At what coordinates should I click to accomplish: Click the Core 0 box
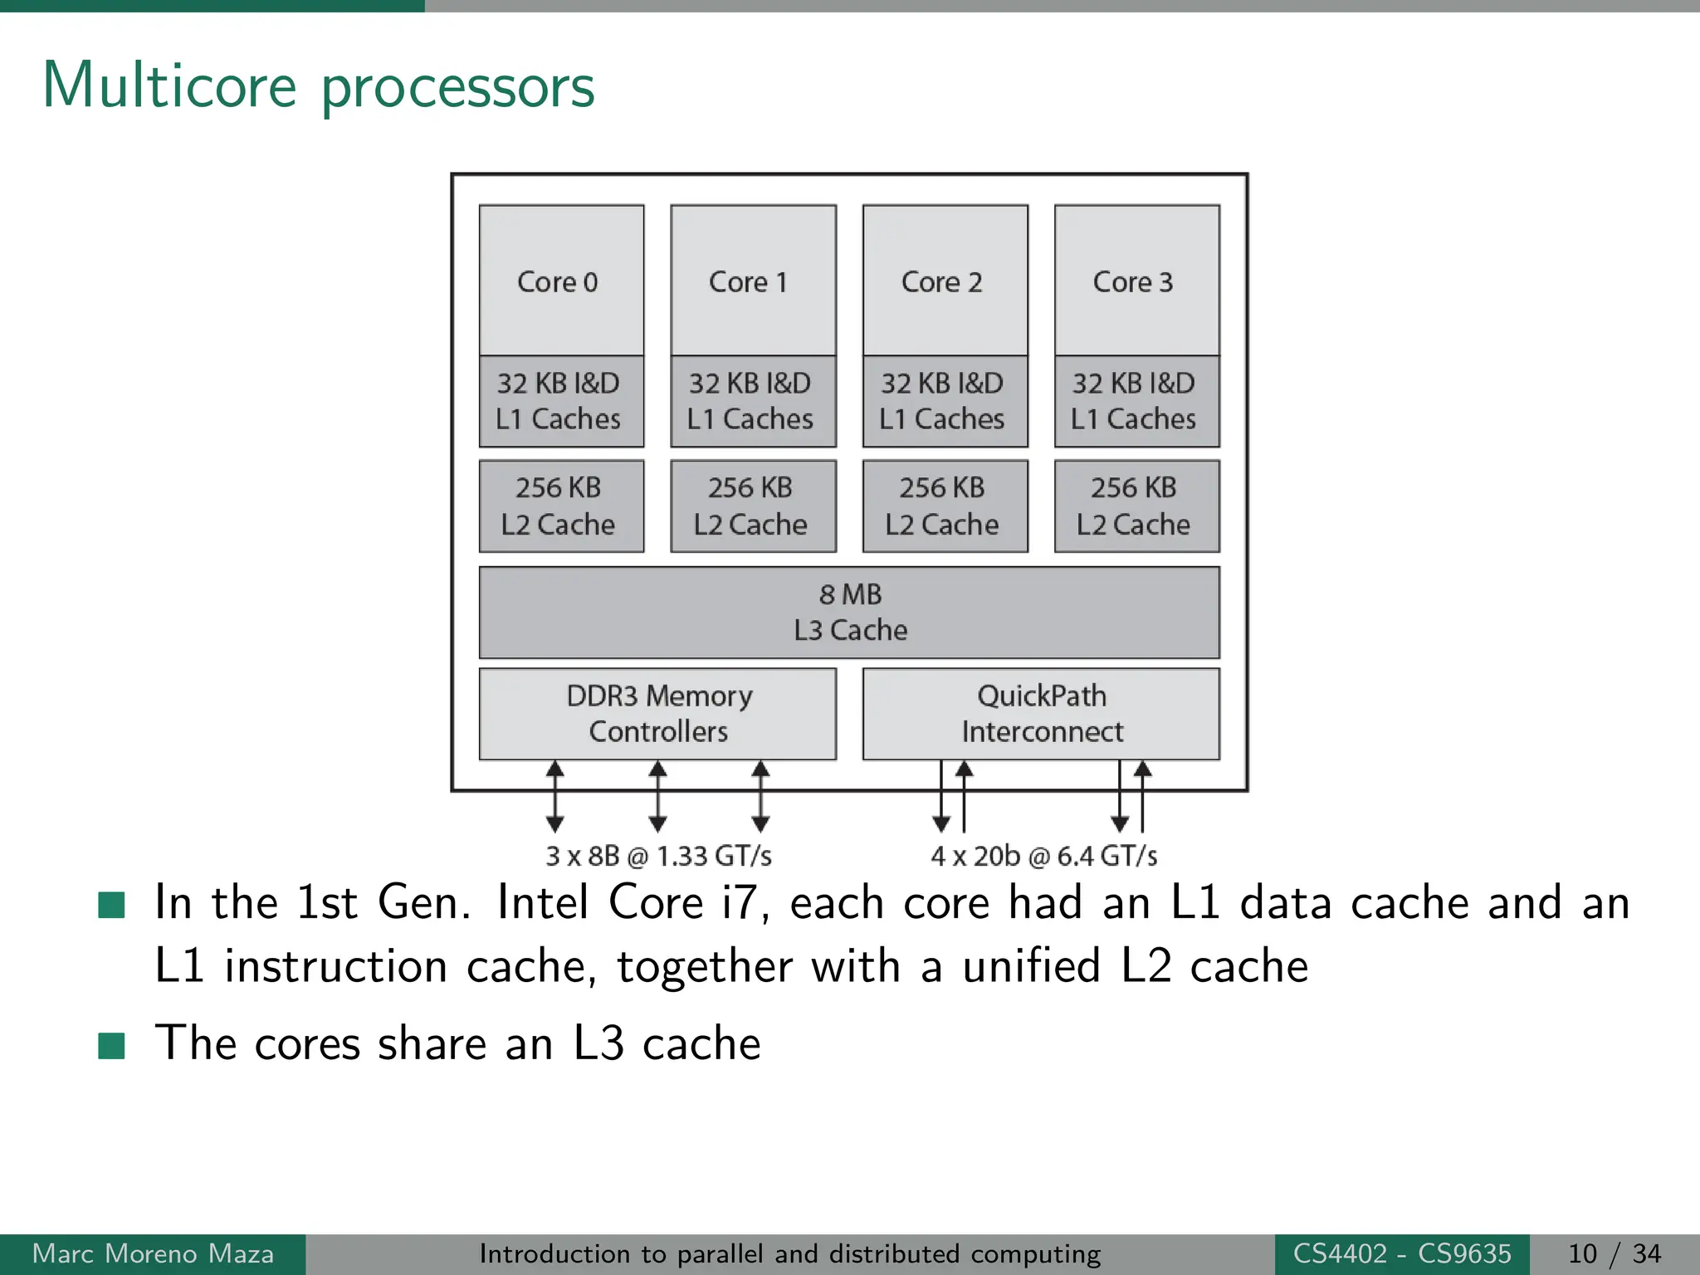561,281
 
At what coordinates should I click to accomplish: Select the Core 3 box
1136,281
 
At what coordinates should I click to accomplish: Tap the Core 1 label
748,282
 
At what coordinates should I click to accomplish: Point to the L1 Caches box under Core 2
945,402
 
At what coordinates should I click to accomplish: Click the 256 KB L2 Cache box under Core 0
561,506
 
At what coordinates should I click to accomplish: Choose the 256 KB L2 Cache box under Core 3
1136,506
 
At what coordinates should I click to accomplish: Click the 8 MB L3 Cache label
850,613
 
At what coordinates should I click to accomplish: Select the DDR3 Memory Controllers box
657,714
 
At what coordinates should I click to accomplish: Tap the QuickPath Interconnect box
1041,714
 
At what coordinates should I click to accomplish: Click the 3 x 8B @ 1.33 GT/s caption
658,856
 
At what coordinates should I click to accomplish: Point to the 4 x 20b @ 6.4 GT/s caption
1043,856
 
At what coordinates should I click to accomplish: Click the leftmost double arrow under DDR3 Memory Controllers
555,797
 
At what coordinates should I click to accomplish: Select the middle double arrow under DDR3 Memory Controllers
657,797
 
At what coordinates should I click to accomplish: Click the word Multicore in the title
169,85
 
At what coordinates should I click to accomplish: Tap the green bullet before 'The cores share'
111,1046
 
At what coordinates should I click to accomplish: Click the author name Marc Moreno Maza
153,1253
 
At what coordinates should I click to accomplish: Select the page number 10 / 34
1614,1253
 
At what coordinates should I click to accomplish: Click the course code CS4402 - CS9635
1402,1253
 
